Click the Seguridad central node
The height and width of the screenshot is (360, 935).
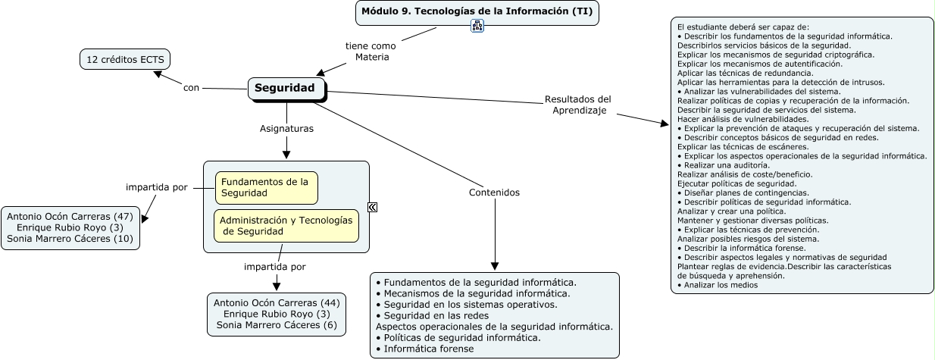pyautogui.click(x=286, y=89)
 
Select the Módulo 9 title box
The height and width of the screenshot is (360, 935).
pyautogui.click(x=477, y=11)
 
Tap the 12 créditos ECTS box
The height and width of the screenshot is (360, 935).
pyautogui.click(x=125, y=59)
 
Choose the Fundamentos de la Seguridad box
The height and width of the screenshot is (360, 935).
pyautogui.click(x=266, y=187)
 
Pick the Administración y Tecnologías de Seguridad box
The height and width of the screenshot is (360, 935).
pyautogui.click(x=286, y=225)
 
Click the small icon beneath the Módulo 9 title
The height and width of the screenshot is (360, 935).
pyautogui.click(x=477, y=27)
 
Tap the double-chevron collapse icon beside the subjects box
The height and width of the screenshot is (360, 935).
pyautogui.click(x=372, y=207)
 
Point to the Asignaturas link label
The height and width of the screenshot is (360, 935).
pyautogui.click(x=286, y=129)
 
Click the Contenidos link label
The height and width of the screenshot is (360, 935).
pyautogui.click(x=494, y=193)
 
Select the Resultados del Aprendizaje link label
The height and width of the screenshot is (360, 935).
pyautogui.click(x=577, y=105)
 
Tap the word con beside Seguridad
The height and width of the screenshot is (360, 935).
pyautogui.click(x=191, y=88)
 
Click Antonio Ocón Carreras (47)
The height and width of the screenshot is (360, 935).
pyautogui.click(x=70, y=216)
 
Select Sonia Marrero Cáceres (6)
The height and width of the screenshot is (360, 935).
pyautogui.click(x=277, y=325)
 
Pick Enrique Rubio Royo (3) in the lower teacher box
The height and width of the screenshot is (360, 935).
pyautogui.click(x=277, y=314)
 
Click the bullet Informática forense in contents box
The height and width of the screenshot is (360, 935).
pyautogui.click(x=428, y=349)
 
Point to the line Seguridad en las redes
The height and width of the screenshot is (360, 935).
pyautogui.click(x=436, y=315)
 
